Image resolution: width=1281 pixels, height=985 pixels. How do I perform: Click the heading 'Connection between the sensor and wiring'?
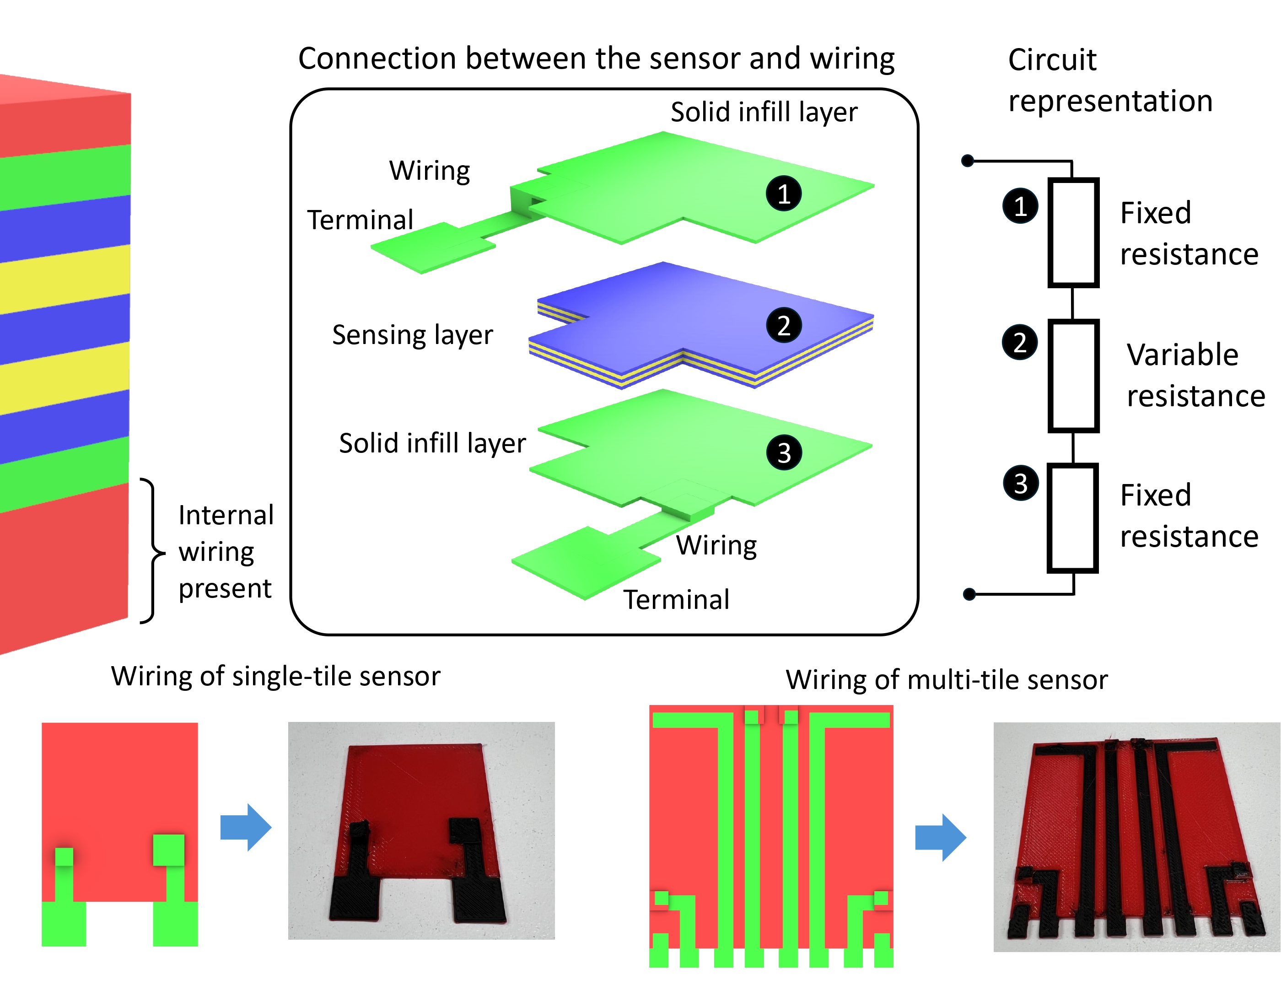[x=596, y=59]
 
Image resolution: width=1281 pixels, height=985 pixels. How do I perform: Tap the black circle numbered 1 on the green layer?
[x=783, y=194]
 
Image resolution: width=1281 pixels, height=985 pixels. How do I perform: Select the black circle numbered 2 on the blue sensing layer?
[x=783, y=325]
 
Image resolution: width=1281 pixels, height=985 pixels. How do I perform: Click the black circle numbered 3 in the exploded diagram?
[x=783, y=452]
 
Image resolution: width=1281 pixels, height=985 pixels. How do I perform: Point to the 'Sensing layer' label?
[x=412, y=335]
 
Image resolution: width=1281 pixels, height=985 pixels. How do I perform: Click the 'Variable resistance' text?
[x=1195, y=375]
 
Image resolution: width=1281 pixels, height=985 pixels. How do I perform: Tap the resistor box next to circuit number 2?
[x=1072, y=375]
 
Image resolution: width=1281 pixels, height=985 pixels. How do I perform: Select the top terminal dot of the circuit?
[x=968, y=161]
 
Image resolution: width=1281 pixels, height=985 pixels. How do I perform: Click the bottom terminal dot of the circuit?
[x=969, y=594]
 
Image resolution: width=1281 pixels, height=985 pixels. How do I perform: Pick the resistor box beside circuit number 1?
[x=1072, y=233]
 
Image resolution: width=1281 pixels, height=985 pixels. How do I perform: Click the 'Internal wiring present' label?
[x=226, y=551]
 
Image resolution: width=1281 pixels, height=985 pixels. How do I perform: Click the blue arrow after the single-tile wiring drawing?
[x=246, y=827]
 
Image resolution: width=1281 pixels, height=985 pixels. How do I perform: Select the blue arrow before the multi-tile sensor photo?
[x=940, y=837]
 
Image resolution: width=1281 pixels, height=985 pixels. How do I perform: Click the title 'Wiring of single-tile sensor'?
[x=275, y=677]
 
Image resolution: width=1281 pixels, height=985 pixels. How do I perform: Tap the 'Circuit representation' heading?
[x=1109, y=81]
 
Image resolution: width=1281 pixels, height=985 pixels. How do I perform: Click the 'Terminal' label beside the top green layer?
[x=360, y=221]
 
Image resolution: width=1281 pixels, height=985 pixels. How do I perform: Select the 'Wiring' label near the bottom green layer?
[x=716, y=545]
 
